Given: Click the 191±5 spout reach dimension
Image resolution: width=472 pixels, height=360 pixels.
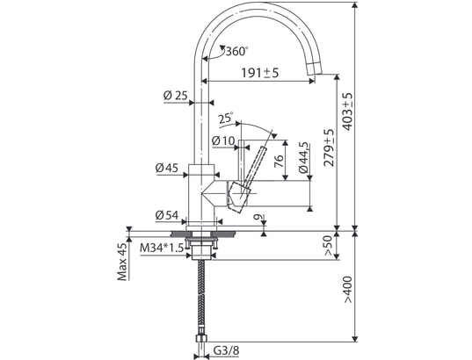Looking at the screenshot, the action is coord(260,73).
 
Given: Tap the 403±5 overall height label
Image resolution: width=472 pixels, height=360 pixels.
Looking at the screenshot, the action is coord(347,112).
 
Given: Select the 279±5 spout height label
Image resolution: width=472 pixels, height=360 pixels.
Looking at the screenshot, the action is coord(329,148).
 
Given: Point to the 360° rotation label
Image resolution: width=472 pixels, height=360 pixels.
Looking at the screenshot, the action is coord(237,52).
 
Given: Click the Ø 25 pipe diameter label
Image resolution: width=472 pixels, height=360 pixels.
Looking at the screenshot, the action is coord(176,96).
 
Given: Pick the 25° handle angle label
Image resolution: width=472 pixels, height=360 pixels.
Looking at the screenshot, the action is coord(226,118).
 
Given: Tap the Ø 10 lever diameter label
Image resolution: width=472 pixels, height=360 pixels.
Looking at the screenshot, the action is coord(222,140).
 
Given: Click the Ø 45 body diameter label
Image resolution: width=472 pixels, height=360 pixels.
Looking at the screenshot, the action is coord(167,168).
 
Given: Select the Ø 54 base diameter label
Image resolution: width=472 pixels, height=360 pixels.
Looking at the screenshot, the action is coord(167,215).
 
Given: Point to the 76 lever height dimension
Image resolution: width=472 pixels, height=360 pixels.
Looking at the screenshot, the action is coord(279,161).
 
